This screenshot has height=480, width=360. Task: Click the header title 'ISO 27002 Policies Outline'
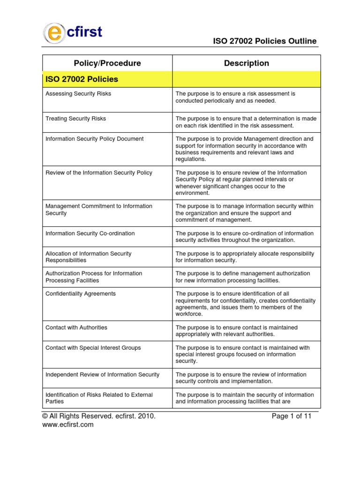pyautogui.click(x=264, y=41)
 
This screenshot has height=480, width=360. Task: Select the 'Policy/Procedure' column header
pyautogui.click(x=107, y=63)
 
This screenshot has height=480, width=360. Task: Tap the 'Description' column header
pyautogui.click(x=247, y=63)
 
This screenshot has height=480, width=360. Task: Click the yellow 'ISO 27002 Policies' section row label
pyautogui.click(x=82, y=79)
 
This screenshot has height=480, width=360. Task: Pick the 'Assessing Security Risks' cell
pyautogui.click(x=78, y=94)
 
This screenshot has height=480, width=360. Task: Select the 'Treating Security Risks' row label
pyautogui.click(x=75, y=119)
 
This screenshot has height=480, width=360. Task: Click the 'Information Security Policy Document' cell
pyautogui.click(x=94, y=139)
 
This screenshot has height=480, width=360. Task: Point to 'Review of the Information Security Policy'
pyautogui.click(x=98, y=172)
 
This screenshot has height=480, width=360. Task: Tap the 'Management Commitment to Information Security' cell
pyautogui.click(x=98, y=210)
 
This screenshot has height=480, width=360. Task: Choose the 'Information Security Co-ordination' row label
pyautogui.click(x=90, y=233)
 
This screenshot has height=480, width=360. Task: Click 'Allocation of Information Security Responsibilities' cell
pyautogui.click(x=88, y=256)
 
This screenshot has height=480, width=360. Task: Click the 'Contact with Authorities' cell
pyautogui.click(x=76, y=327)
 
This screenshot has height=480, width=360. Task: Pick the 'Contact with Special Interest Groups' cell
pyautogui.click(x=93, y=348)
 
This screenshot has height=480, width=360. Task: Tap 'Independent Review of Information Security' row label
pyautogui.click(x=102, y=375)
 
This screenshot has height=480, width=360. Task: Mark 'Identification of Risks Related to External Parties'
pyautogui.click(x=99, y=398)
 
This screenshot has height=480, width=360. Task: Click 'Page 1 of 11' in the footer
pyautogui.click(x=291, y=416)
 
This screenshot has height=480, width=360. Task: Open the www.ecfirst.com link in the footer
pyautogui.click(x=68, y=425)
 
